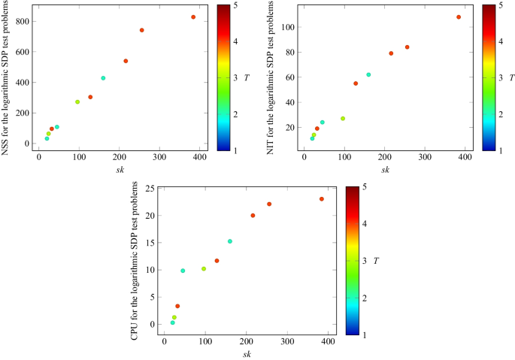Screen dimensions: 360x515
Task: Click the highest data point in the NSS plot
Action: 193,17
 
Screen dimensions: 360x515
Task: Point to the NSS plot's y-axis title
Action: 6,77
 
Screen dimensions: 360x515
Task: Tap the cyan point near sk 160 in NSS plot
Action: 103,78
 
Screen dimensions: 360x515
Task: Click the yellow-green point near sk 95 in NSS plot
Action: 77,102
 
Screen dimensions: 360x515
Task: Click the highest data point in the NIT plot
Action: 459,17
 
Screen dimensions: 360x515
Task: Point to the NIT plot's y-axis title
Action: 271,77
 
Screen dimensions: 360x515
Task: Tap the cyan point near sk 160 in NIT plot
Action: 368,74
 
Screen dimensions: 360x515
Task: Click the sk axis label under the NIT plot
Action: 384,169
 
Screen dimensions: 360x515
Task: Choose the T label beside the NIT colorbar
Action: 511,77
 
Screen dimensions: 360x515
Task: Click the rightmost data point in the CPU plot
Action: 321,199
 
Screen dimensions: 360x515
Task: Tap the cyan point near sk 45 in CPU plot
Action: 183,271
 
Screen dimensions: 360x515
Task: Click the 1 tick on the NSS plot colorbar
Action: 237,150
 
